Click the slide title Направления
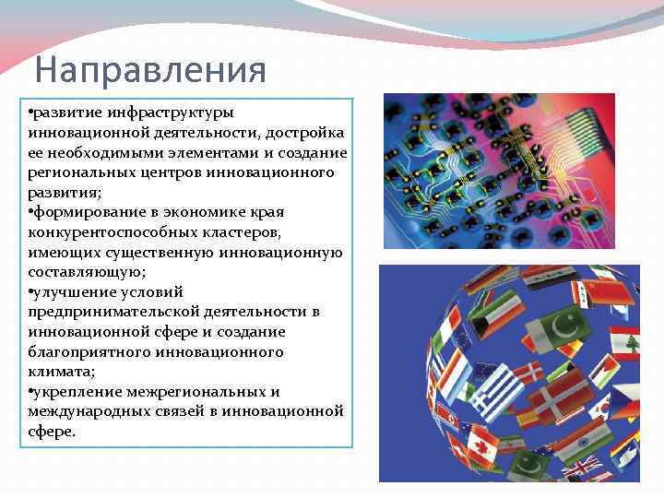pos(149,70)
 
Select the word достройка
pos(303,133)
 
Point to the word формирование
pos(84,213)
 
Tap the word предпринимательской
pos(99,313)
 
